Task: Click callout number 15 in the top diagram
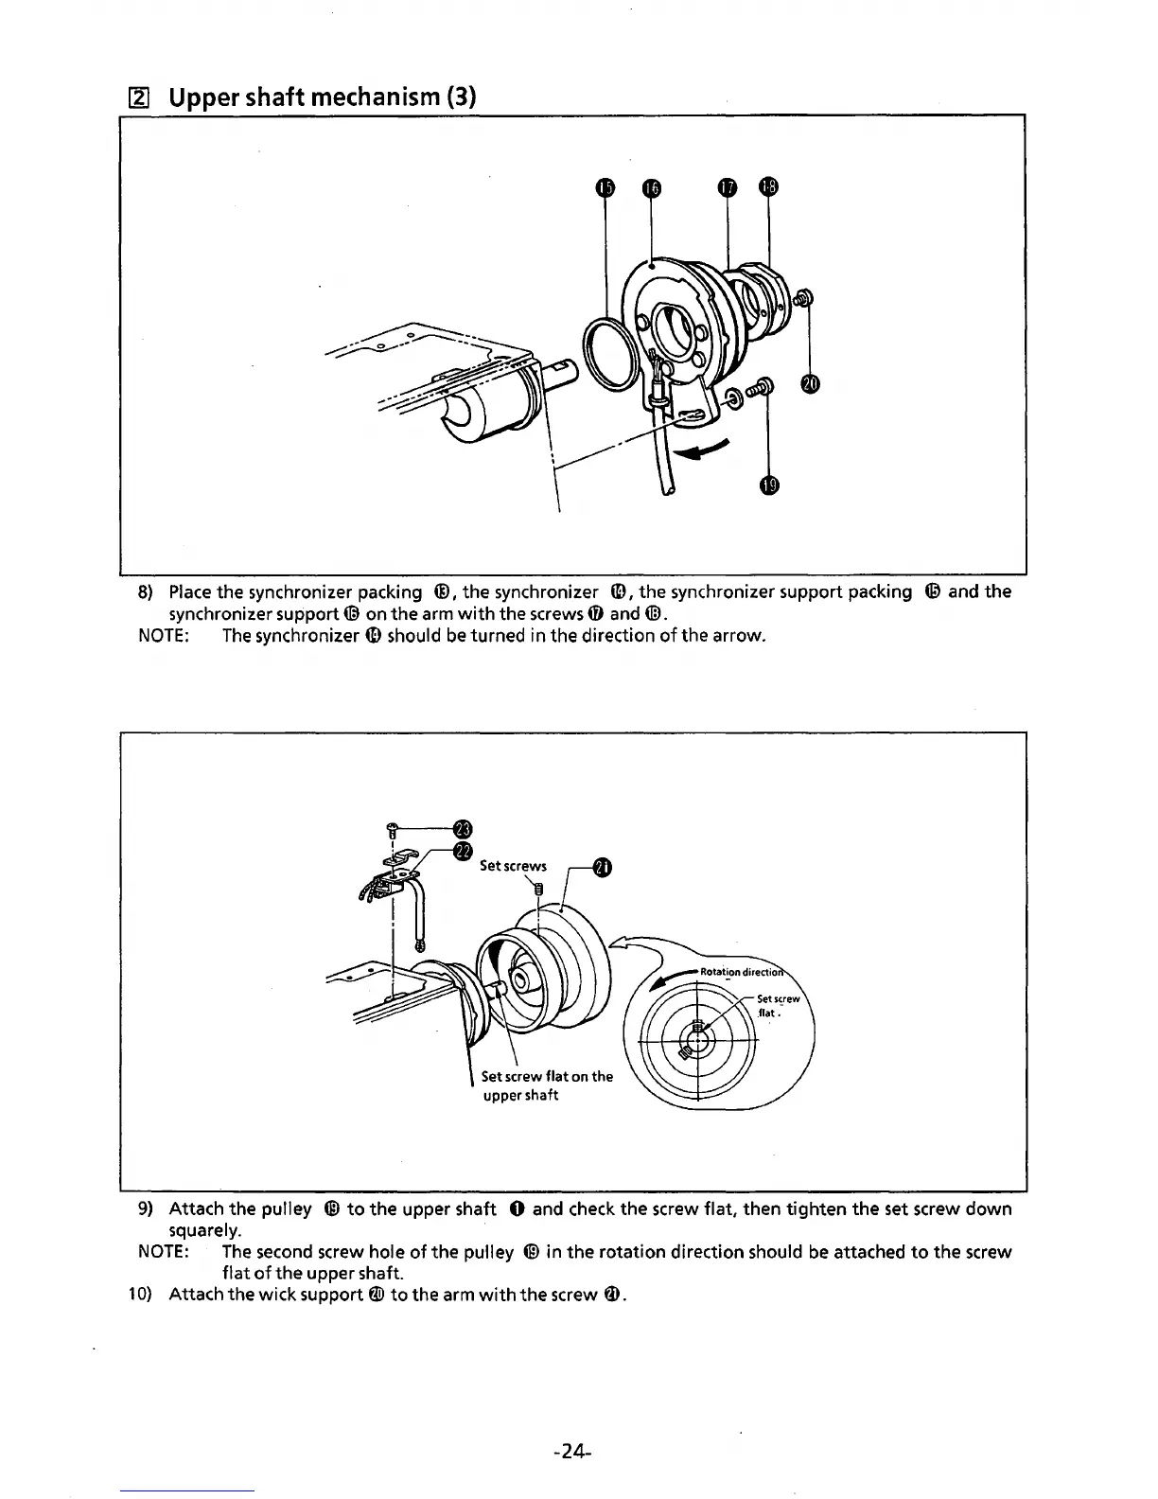pos(605,188)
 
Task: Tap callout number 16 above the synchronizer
pos(650,188)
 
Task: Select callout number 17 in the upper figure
pos(727,188)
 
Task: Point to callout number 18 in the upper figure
pos(768,187)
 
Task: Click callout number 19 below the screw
pos(769,485)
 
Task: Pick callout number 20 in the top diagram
pos(809,383)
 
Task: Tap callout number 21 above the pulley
pos(600,867)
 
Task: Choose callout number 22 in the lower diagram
pos(462,852)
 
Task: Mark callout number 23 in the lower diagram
pos(462,828)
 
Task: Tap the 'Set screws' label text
pos(513,866)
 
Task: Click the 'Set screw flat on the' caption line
pos(547,1076)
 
